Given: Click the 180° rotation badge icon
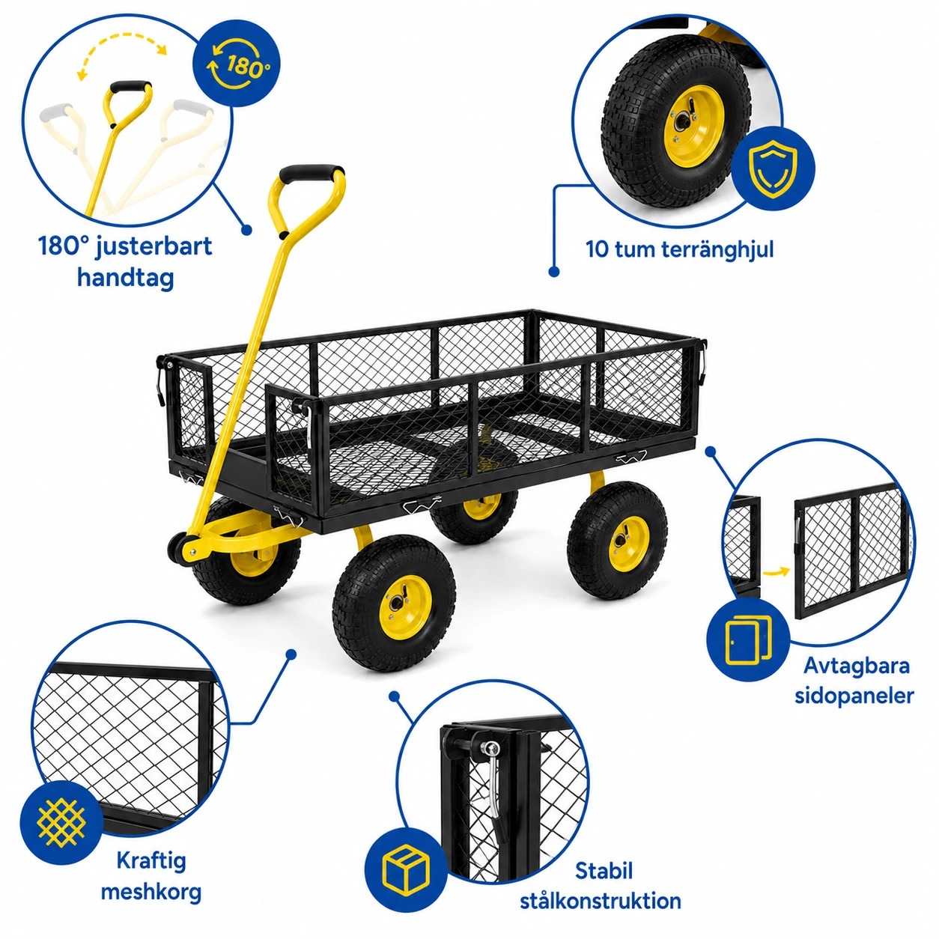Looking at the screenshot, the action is coord(237,64).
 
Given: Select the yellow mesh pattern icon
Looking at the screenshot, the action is coord(61,823).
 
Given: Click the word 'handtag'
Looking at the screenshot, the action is coord(125,279).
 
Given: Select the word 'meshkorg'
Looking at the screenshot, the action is coord(151,893).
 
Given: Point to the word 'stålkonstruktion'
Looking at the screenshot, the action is coord(601,901).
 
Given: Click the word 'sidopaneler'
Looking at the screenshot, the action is coord(854,696).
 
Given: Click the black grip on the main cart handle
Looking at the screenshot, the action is coord(312,173).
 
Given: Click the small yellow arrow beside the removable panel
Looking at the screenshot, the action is coord(777,571).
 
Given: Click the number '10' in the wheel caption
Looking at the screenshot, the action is coord(597,249).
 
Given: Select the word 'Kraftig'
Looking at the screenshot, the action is coord(151,861).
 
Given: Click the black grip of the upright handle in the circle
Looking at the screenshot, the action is coord(130,88).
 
